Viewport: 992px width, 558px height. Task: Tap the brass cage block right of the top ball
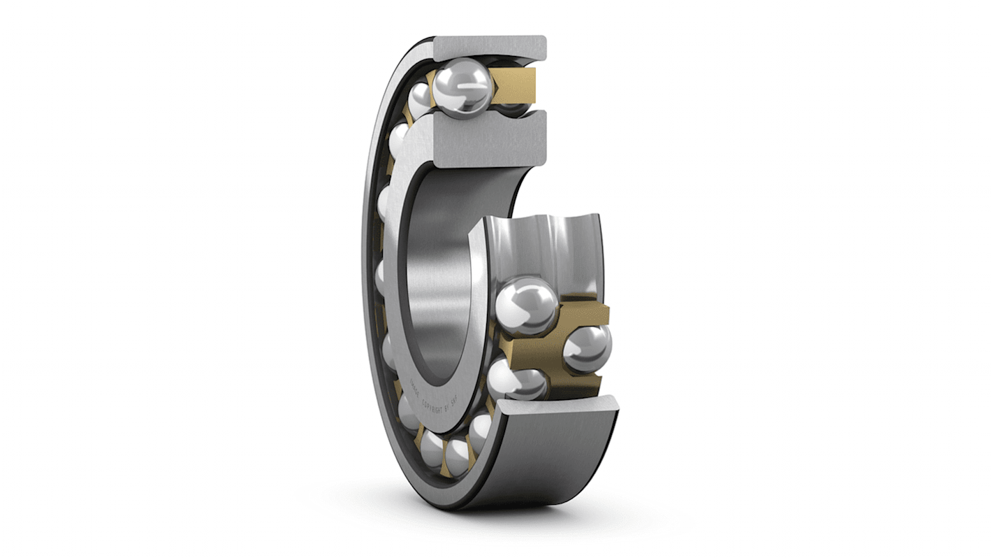[x=515, y=85]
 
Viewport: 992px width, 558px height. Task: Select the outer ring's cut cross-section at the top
[x=489, y=48]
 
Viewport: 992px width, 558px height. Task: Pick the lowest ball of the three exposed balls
[x=517, y=379]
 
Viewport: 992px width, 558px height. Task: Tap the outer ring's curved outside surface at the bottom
[x=552, y=462]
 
